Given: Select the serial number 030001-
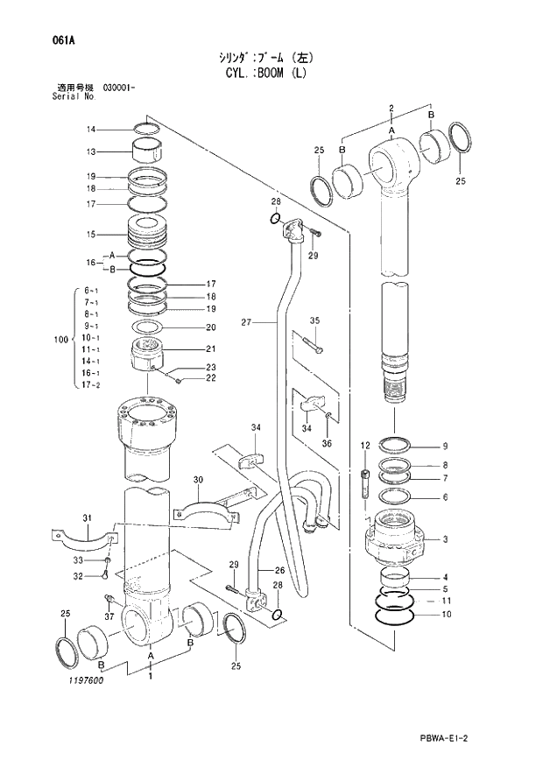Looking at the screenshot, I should coord(118,88).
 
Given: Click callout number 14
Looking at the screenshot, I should coord(90,130).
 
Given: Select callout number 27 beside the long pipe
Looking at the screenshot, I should coord(246,323).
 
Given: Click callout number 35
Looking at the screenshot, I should coord(315,320).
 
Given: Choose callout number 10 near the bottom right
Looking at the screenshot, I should coord(446,615).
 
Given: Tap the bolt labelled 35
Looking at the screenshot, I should coord(313,346).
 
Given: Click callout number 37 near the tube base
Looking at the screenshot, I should coord(109,616).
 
